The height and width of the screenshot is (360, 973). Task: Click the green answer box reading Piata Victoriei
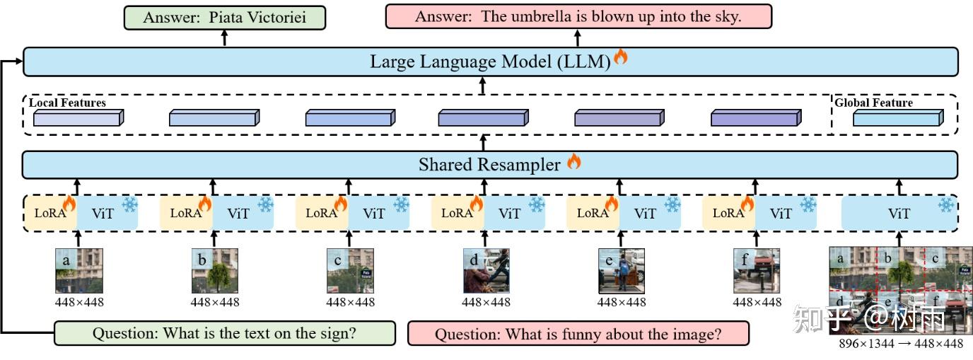point(225,18)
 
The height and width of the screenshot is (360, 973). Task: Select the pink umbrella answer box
point(578,17)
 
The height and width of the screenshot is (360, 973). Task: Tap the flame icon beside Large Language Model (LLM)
point(621,57)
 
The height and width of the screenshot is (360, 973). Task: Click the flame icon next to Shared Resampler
point(573,162)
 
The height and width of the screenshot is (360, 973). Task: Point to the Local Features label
point(67,103)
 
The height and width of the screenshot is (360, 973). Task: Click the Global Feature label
point(873,103)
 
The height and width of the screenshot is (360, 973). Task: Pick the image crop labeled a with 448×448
point(79,271)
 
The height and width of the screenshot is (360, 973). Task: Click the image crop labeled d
point(486,271)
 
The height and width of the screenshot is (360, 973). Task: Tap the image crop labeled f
point(757,271)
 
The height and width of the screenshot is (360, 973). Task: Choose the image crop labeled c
point(350,271)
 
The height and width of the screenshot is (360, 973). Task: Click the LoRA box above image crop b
point(186,213)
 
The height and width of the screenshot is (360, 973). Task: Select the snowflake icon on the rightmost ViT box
point(945,205)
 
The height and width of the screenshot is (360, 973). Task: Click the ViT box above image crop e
point(645,213)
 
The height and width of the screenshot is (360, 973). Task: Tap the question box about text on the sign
point(225,333)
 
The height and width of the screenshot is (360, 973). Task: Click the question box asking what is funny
point(578,334)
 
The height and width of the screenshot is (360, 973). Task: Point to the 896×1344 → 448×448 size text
point(900,344)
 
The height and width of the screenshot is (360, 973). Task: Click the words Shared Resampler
point(489,165)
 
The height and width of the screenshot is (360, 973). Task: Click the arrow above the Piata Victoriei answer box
point(225,38)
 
